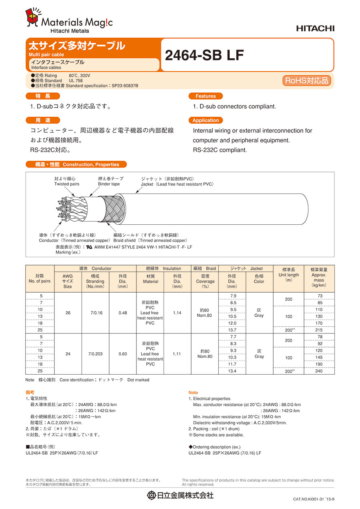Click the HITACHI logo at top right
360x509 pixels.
pos(315,28)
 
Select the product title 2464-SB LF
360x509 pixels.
pos(204,56)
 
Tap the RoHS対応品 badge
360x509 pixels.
pos(307,80)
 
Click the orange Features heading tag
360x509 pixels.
pos(205,96)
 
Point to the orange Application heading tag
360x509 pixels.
pos(206,120)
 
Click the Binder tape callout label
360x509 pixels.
pos(110,181)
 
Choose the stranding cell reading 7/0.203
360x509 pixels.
pos(95,354)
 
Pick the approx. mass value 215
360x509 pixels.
pos(319,330)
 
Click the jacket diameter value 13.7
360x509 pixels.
pos(232,330)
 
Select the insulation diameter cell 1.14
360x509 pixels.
pos(177,313)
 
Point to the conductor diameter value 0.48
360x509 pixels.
pos(123,313)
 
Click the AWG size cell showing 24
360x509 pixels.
pos(68,354)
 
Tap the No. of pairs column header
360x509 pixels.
pos(40,279)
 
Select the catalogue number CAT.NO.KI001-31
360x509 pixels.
pos(314,499)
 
